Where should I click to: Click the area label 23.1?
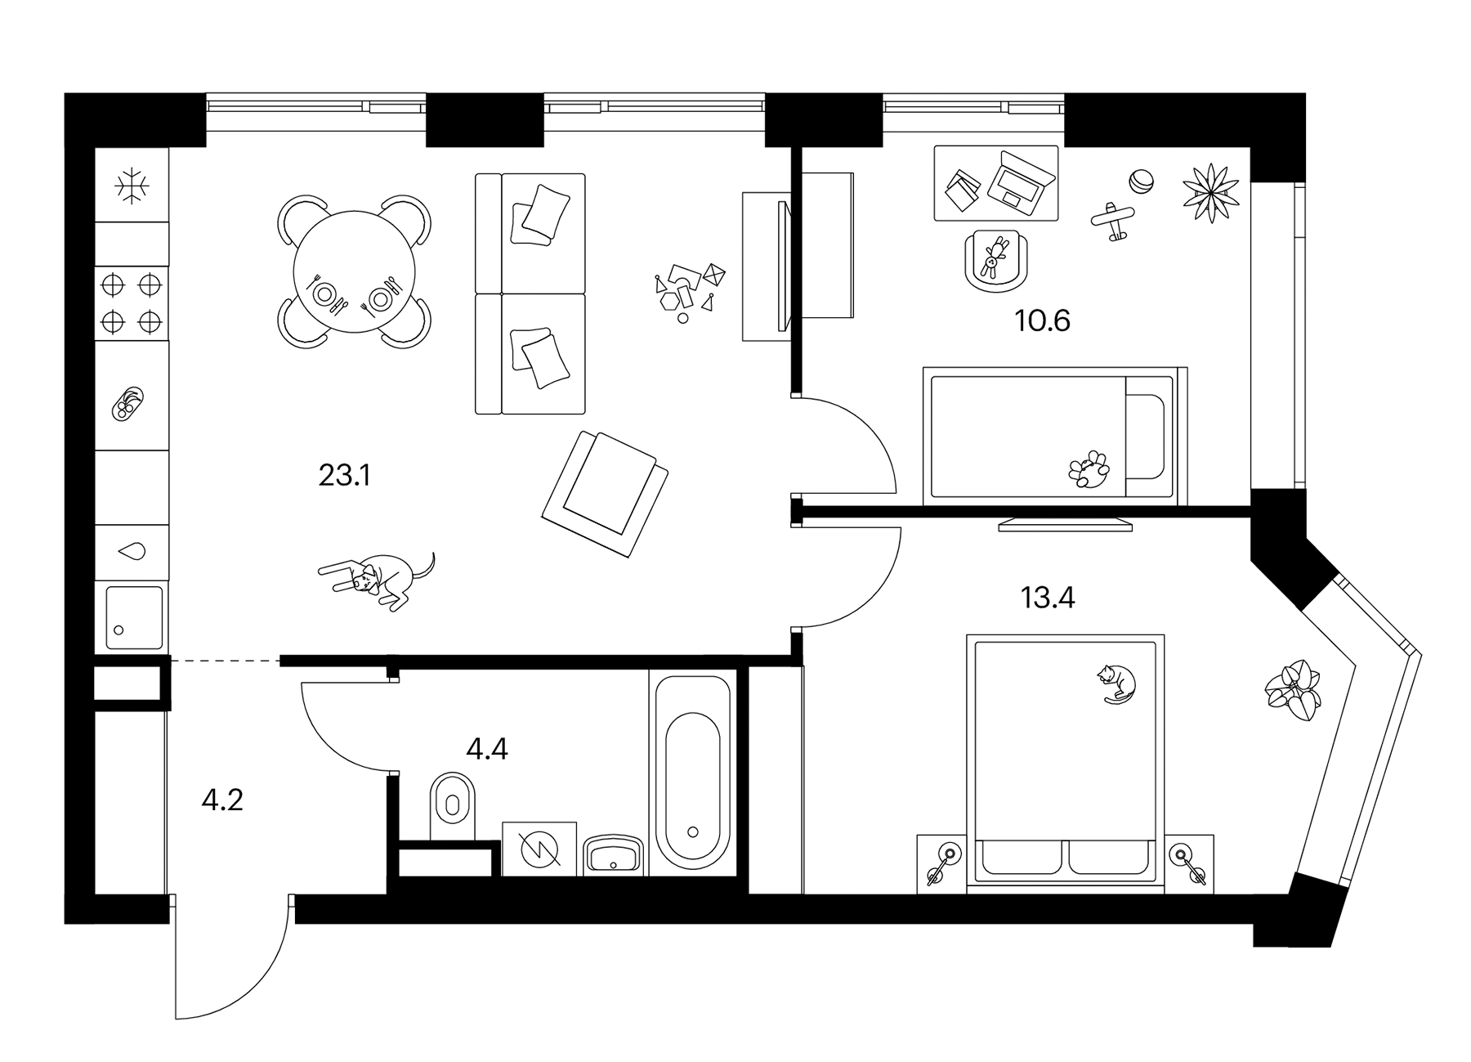coord(344,475)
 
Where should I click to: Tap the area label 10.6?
coord(1042,320)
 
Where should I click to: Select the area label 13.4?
coord(1047,598)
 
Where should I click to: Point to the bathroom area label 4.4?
coord(486,748)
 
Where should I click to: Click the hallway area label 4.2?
coord(222,800)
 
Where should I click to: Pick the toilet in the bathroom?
coord(452,805)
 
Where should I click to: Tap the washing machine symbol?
coord(539,849)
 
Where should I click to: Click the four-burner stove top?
coord(132,303)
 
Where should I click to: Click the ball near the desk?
coord(1141,180)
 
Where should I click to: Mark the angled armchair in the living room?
coord(606,494)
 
